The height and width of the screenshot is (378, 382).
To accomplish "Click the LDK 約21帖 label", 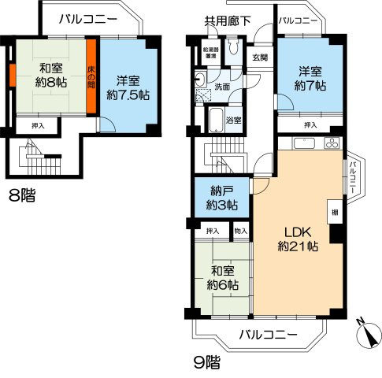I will point(297,239).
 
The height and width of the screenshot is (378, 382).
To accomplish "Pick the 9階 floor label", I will point(207,363).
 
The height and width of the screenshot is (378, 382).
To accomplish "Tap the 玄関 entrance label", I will point(260,57).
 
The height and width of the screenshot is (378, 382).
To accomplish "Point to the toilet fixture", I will point(233,54).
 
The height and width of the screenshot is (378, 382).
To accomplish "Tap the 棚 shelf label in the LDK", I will point(334,210).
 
